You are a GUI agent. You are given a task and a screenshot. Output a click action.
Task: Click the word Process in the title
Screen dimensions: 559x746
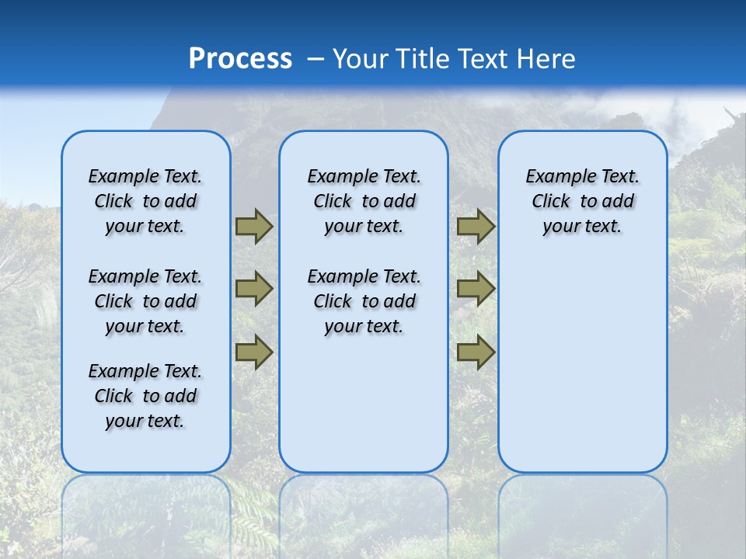[x=240, y=59]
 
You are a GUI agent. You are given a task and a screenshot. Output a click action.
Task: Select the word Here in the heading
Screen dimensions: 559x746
[x=546, y=59]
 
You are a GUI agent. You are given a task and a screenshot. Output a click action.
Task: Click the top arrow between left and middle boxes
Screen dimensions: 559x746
[x=254, y=227]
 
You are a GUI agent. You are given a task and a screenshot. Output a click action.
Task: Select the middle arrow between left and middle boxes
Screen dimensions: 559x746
[x=254, y=289]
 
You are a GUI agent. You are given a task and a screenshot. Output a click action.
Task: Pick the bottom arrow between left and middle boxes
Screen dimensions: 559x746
[x=254, y=352]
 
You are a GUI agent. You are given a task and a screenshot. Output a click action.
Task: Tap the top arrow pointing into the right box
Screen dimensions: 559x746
[x=476, y=227]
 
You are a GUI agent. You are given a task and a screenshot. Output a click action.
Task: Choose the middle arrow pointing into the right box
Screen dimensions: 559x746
[x=476, y=289]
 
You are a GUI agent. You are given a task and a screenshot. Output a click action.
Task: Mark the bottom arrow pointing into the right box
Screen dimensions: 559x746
[x=476, y=352]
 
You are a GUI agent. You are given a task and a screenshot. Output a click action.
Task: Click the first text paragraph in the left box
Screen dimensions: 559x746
[x=145, y=201]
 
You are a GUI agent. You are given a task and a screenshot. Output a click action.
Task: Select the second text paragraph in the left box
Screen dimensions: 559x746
[x=145, y=301]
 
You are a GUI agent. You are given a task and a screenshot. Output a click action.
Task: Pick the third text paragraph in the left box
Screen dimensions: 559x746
[x=145, y=396]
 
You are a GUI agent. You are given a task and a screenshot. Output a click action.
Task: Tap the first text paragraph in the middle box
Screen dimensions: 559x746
[x=364, y=201]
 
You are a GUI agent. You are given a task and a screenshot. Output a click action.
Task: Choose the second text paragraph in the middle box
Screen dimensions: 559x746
[x=364, y=301]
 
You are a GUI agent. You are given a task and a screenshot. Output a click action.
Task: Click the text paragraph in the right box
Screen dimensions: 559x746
[x=583, y=201]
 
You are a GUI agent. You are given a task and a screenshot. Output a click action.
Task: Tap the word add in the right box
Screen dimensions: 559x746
[x=619, y=202]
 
